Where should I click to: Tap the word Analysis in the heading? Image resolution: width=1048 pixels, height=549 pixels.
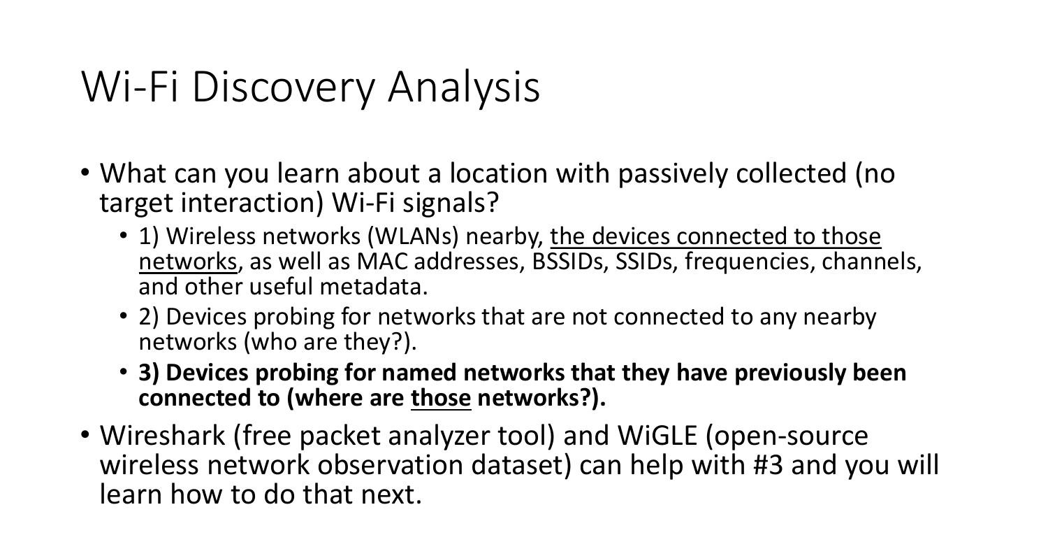[464, 87]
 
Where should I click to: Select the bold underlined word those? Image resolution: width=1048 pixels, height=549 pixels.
[441, 398]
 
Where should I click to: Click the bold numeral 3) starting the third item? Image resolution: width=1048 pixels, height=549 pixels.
[149, 373]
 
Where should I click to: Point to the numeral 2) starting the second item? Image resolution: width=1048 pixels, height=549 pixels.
[149, 317]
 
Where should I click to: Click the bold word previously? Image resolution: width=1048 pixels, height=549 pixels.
[790, 373]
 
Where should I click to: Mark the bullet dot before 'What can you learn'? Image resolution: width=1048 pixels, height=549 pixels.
[85, 172]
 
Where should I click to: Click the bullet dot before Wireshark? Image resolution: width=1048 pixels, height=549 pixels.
[85, 435]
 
